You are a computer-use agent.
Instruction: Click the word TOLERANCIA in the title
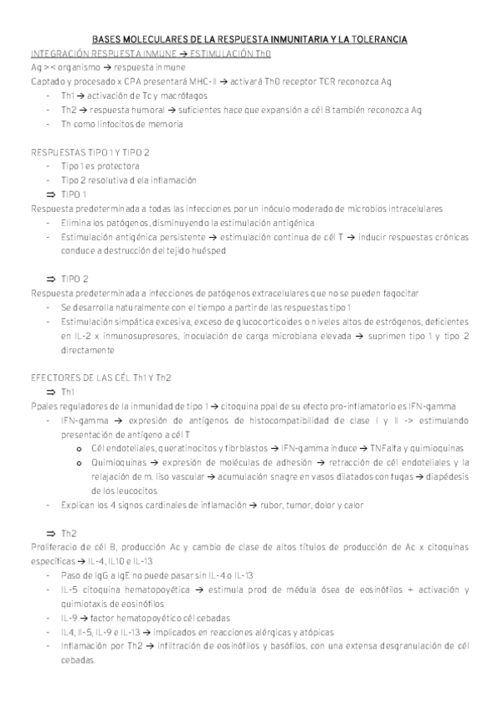pos(377,39)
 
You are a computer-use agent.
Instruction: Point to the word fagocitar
pos(404,293)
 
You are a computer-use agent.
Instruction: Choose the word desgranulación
pos(412,646)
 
